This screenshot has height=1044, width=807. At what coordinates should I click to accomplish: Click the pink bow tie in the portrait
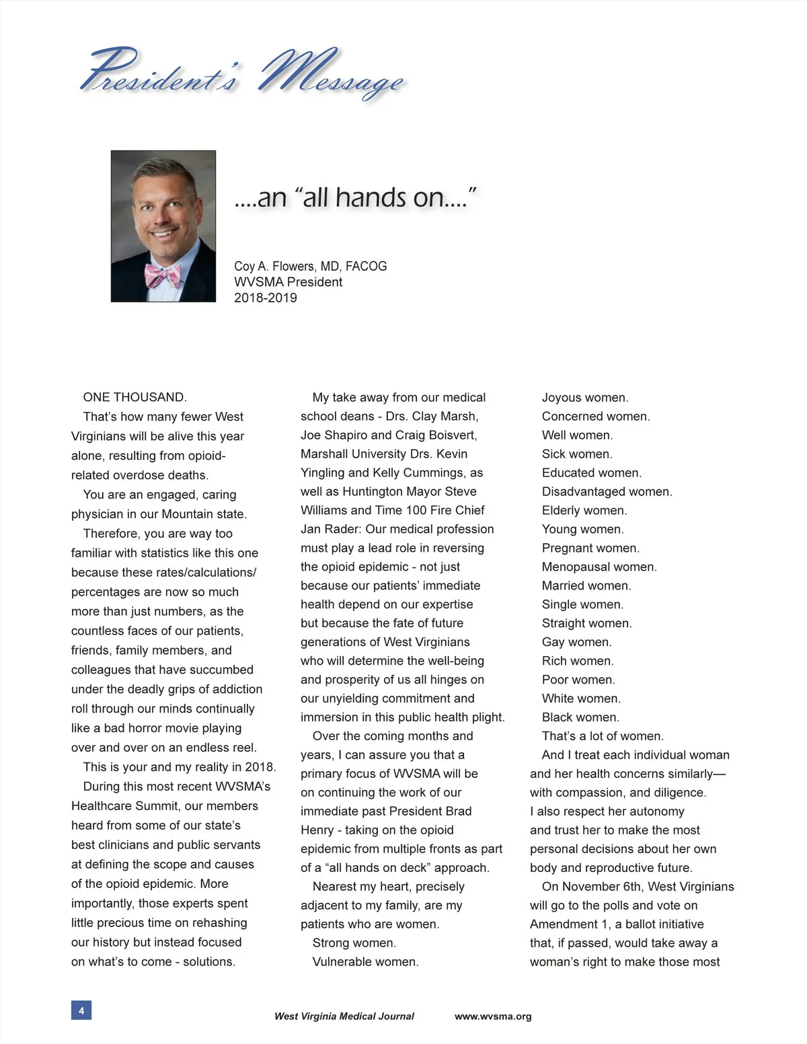(x=163, y=274)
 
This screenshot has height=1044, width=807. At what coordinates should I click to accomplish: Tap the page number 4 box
(x=81, y=1010)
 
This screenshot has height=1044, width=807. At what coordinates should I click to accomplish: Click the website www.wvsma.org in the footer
(x=493, y=1016)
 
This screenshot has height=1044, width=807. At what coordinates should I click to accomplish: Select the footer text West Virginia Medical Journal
(x=344, y=1016)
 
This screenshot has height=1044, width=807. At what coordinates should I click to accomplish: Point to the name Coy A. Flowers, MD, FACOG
(x=310, y=266)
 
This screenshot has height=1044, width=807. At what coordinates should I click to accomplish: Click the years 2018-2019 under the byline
(x=265, y=298)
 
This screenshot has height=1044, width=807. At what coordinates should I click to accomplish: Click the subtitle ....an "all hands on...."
(x=355, y=198)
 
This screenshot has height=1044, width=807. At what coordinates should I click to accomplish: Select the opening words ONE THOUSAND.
(x=134, y=397)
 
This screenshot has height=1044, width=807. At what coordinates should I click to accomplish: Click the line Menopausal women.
(x=599, y=567)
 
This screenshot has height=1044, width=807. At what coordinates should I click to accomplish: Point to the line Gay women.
(x=576, y=642)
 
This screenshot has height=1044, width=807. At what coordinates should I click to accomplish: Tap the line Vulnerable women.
(x=365, y=962)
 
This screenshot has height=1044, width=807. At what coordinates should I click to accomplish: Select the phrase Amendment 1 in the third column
(x=568, y=924)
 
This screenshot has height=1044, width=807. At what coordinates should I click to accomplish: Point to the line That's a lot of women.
(x=603, y=736)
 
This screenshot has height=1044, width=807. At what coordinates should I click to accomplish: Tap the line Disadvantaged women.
(x=607, y=491)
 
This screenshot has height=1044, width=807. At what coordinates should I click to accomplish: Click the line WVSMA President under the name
(x=288, y=282)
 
